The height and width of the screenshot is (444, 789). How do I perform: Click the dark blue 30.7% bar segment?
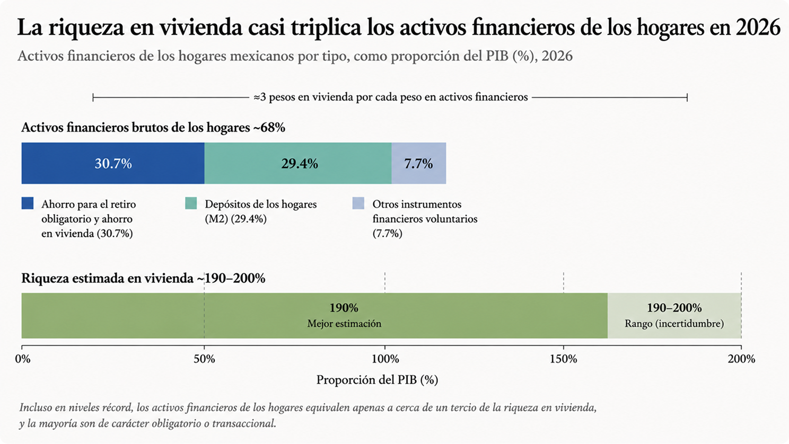coord(113,163)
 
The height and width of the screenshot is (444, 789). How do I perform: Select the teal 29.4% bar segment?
coord(298,163)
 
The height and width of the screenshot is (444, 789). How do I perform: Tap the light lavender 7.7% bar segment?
coord(419,163)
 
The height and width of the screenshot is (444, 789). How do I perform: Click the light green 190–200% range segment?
coord(674,316)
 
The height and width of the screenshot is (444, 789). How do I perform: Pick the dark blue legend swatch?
coord(28,203)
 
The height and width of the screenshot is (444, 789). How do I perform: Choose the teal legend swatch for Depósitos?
coord(191,203)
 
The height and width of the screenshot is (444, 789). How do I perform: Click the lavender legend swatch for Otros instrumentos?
coord(358,203)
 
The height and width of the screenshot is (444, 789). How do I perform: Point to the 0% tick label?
coord(23,359)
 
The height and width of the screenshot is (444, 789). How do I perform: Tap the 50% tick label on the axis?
coord(204,359)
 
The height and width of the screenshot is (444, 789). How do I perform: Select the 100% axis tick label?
coord(385,359)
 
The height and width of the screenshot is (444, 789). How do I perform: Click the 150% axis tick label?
coord(564,359)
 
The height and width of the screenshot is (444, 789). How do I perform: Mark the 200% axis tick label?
coord(741,359)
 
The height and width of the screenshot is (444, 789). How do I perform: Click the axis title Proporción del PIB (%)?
coord(377,380)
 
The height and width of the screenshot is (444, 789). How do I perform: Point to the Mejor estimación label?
coord(344,324)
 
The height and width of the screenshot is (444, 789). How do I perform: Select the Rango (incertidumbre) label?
coord(674,324)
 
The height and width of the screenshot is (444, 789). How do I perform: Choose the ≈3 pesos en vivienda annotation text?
coord(391,97)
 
